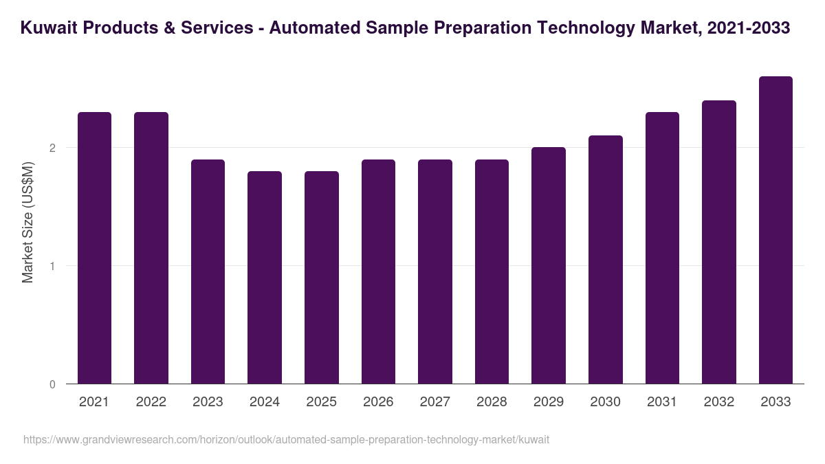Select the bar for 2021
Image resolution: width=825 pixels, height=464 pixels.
pyautogui.click(x=94, y=247)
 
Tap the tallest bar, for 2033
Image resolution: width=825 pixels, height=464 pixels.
pyautogui.click(x=775, y=230)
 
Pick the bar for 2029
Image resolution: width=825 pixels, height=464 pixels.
pyautogui.click(x=549, y=265)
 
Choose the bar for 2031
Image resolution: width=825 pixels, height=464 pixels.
pyautogui.click(x=662, y=247)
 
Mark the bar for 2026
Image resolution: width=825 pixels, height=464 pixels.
pyautogui.click(x=378, y=272)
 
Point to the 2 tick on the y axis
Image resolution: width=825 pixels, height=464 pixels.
pyautogui.click(x=52, y=148)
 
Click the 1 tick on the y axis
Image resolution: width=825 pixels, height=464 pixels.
pyautogui.click(x=52, y=266)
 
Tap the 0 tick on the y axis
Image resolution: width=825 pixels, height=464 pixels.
pyautogui.click(x=52, y=384)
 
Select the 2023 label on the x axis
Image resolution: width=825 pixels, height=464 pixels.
pyautogui.click(x=208, y=402)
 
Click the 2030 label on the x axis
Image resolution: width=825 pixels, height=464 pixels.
pyautogui.click(x=605, y=402)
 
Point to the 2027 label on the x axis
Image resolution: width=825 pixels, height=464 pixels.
pyautogui.click(x=435, y=402)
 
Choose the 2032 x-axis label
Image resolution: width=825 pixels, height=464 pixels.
pyautogui.click(x=718, y=402)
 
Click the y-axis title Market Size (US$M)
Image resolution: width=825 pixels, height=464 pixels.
pyautogui.click(x=27, y=222)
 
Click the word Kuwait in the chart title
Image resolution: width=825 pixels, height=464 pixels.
pyautogui.click(x=46, y=28)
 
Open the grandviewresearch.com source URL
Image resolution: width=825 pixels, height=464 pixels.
pyautogui.click(x=286, y=439)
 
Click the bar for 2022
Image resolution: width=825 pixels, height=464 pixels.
pyautogui.click(x=151, y=247)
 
